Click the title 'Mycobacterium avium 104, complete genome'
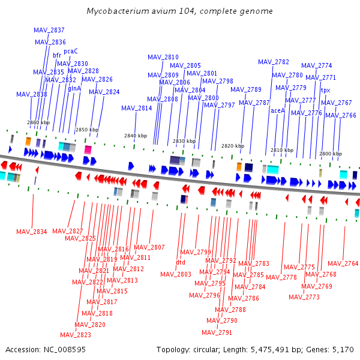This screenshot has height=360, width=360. click(180, 11)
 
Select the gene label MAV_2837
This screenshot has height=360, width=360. click(49, 30)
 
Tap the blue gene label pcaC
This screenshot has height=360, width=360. click(71, 51)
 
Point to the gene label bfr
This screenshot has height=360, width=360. click(57, 55)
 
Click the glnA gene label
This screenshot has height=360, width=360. click(74, 88)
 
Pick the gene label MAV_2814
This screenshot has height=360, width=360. click(137, 108)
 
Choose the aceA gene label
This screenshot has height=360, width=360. click(278, 110)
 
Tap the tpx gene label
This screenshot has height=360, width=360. click(326, 91)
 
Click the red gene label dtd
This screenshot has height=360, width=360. click(181, 262)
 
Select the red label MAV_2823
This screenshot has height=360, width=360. click(76, 335)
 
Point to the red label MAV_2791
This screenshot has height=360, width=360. click(217, 332)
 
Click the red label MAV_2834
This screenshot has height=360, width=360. click(32, 232)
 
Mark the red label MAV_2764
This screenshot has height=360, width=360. click(343, 263)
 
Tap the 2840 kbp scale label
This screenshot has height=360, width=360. click(136, 136)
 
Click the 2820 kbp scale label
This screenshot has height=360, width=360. click(233, 146)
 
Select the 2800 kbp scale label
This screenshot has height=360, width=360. click(331, 154)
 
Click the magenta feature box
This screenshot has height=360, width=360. click(88, 149)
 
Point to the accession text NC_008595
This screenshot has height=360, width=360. click(65, 350)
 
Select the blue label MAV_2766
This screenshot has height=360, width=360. click(341, 115)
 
